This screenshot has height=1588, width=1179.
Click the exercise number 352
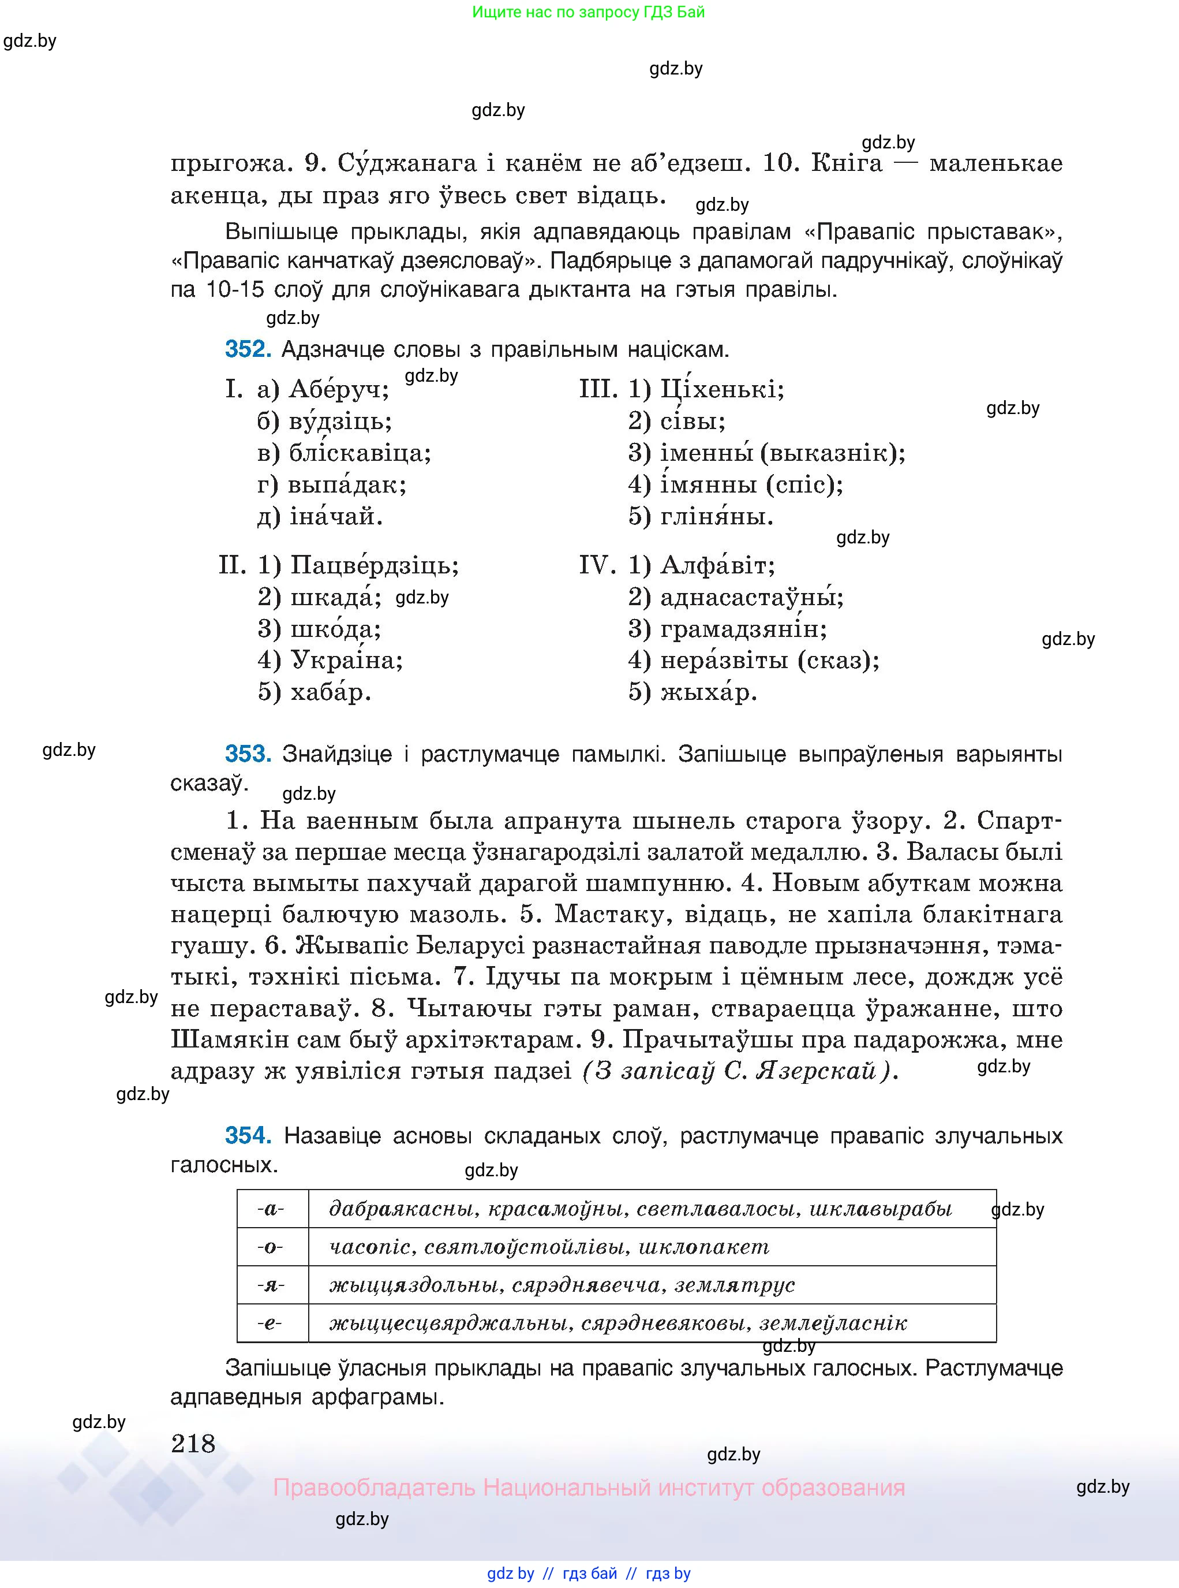pyautogui.click(x=248, y=349)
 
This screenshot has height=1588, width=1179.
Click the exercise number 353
pyautogui.click(x=248, y=754)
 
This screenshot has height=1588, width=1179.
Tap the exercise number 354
pyautogui.click(x=248, y=1135)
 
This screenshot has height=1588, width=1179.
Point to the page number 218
pyautogui.click(x=193, y=1444)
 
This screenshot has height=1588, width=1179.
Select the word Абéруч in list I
pyautogui.click(x=339, y=390)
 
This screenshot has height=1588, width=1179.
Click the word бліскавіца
pyautogui.click(x=360, y=453)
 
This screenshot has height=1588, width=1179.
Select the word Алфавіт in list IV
pyautogui.click(x=717, y=565)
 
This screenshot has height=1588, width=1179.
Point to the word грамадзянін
pyautogui.click(x=743, y=629)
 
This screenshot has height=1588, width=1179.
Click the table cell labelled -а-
pyautogui.click(x=272, y=1209)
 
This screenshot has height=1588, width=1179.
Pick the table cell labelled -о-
pyautogui.click(x=272, y=1247)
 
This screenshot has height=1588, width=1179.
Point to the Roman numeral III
pyautogui.click(x=598, y=390)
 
